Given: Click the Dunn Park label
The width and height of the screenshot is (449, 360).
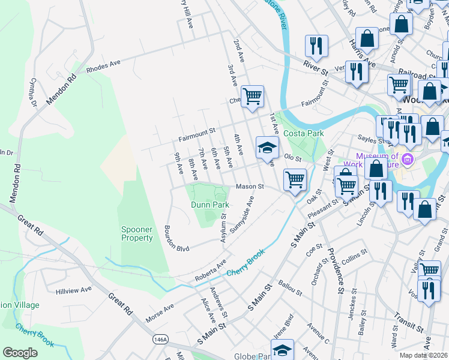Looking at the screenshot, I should click(x=210, y=205).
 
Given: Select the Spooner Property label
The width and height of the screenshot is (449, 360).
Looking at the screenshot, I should click(x=137, y=233).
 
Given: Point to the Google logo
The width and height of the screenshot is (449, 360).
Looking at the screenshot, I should click(x=20, y=353).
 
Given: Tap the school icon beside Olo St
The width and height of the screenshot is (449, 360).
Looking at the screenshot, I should click(x=268, y=147).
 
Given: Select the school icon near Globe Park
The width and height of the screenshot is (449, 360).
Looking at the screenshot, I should click(x=282, y=349).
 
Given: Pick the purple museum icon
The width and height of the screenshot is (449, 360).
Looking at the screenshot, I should click(x=408, y=160).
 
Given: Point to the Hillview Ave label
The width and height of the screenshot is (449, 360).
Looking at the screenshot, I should click(x=73, y=289).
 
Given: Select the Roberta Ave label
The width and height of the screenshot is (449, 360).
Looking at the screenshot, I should click(x=210, y=271).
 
